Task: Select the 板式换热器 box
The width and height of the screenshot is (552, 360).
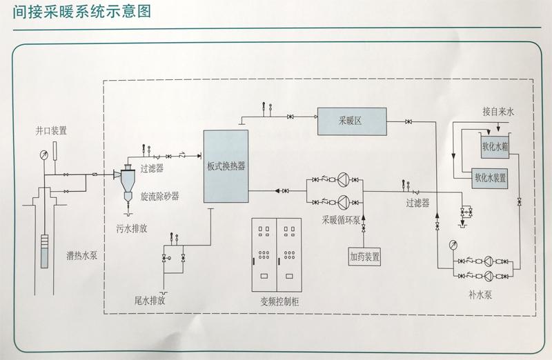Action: pos(226,166)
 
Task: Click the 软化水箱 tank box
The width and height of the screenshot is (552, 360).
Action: pos(495,146)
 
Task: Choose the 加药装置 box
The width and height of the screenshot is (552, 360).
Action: pos(364,257)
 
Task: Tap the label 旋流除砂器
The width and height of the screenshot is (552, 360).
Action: pos(159,196)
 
